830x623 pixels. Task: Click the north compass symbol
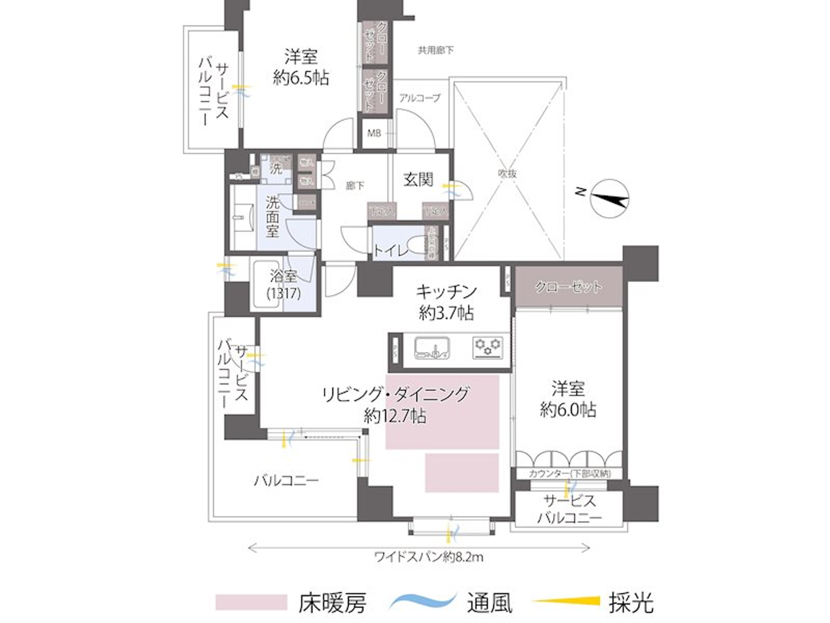coord(609,198)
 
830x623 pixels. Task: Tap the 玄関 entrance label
coord(418,179)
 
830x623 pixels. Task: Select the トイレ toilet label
coord(391,250)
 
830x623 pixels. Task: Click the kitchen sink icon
coord(432,348)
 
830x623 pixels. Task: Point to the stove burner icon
coord(487,347)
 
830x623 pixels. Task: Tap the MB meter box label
coord(374,133)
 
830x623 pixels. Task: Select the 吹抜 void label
coord(507,173)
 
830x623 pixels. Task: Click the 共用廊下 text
coord(436,50)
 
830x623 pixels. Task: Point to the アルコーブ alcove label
coord(420,98)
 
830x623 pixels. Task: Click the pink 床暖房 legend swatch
coord(251,602)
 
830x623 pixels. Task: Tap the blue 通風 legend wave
coord(423,600)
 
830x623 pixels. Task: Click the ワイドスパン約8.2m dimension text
coord(429,557)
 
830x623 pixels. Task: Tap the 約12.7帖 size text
coord(395,415)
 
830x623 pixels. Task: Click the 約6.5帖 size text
coord(301,78)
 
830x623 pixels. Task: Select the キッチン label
coord(446,291)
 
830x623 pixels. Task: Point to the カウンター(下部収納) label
coord(569,473)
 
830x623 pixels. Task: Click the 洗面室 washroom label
coord(272,217)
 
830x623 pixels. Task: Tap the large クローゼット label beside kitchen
coord(569,287)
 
